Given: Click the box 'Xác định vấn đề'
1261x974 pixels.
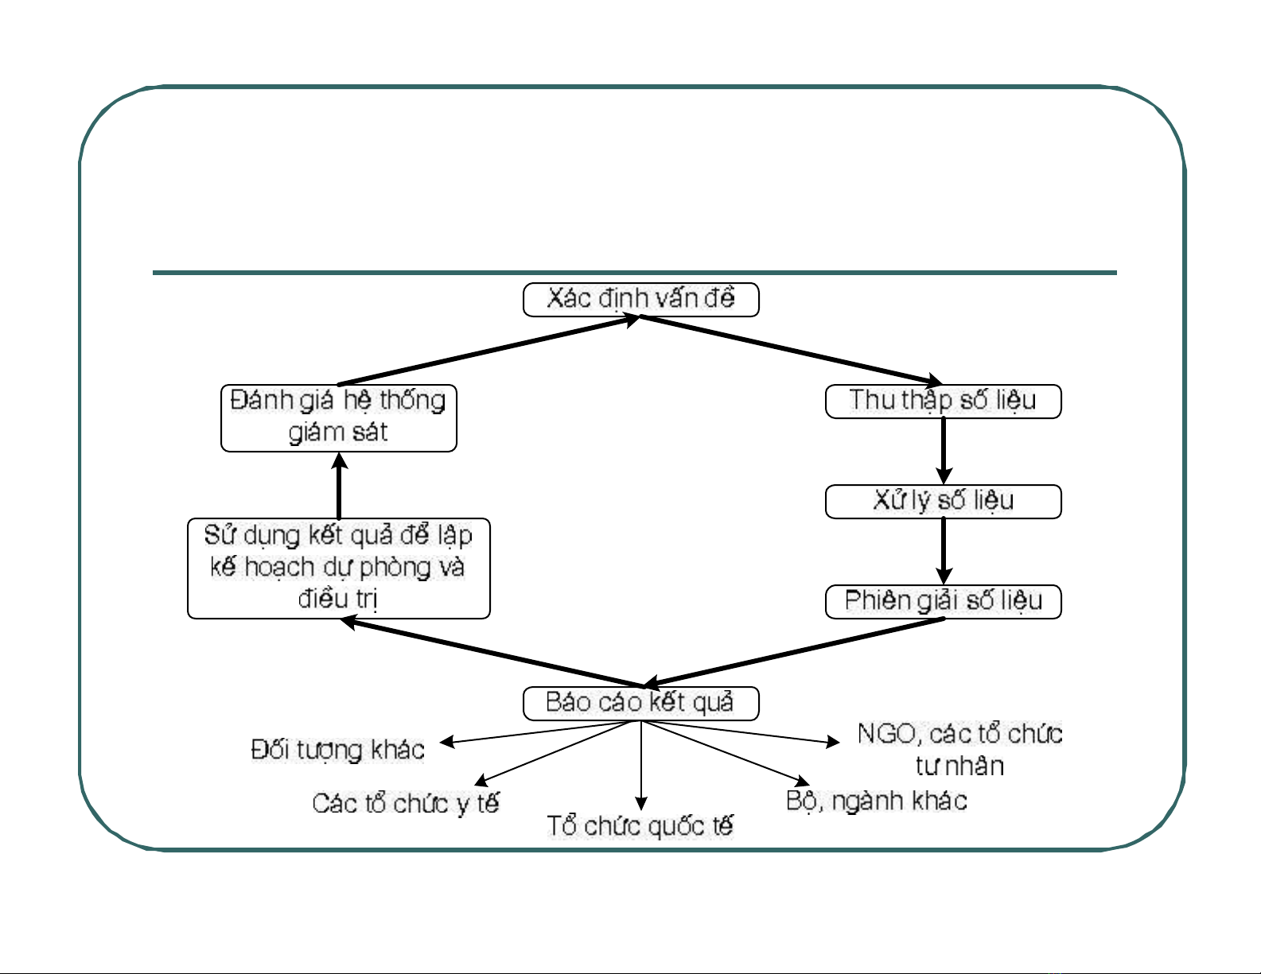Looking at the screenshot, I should [x=641, y=300].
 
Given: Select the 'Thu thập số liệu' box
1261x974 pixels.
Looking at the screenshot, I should [x=943, y=401].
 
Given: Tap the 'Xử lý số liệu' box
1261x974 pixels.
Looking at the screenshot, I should [x=943, y=502].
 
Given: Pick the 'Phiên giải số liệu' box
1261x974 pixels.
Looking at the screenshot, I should [x=943, y=601].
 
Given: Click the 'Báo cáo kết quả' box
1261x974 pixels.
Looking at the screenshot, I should [x=641, y=703].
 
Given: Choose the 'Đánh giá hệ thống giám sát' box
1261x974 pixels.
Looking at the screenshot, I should [x=339, y=417].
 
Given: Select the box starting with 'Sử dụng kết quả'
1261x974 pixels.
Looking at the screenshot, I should [x=339, y=568].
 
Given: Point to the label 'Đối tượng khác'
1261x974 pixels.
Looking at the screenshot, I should [x=338, y=750].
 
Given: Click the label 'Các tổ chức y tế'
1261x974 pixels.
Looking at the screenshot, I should [x=406, y=804].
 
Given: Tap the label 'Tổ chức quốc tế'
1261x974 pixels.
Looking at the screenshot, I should [x=640, y=826].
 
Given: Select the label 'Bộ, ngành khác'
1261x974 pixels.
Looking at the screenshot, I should [x=877, y=801].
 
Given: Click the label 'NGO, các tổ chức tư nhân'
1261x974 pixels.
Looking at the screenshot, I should [x=960, y=749].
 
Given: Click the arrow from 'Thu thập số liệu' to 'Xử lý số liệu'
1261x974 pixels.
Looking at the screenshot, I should [x=944, y=450].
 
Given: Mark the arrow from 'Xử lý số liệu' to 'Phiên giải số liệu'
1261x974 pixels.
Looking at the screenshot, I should [x=944, y=551].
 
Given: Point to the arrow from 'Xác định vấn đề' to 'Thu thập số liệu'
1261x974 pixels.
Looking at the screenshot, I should [x=792, y=350].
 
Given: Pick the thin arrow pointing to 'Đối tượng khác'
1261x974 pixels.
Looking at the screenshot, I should [x=541, y=732].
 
